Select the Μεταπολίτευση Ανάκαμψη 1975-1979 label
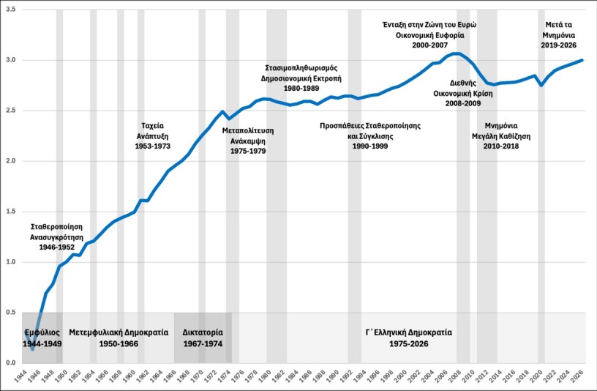point(247,141)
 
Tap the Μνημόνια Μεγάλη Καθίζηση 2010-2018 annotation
point(502,135)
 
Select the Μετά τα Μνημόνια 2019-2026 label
point(560,34)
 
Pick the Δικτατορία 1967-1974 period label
point(203,338)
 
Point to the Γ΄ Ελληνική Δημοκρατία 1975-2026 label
point(409,338)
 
